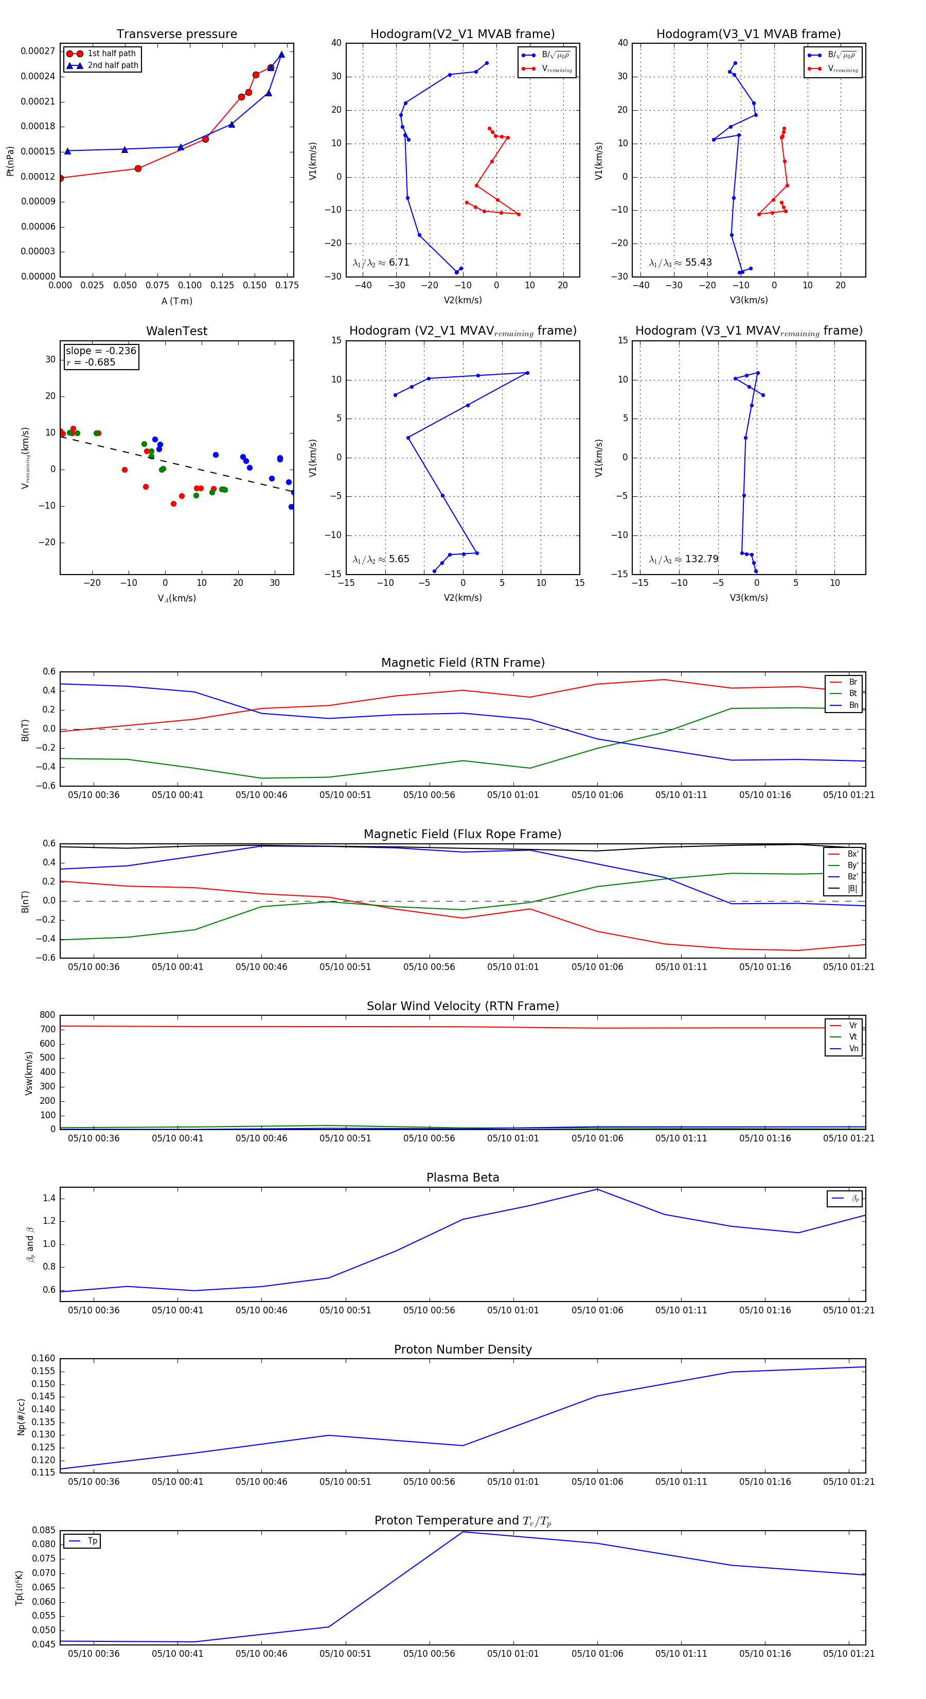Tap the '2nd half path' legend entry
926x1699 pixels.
(113, 65)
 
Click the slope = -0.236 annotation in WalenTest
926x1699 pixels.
(101, 351)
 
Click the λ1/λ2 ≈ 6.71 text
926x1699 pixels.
(381, 263)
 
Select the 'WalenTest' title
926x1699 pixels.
(176, 331)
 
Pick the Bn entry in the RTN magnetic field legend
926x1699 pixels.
(853, 705)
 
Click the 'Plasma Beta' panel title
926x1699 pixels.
(462, 1177)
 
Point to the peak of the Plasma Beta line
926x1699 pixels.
(597, 1189)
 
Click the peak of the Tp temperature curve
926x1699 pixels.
(462, 1532)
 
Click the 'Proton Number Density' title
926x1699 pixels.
(462, 1349)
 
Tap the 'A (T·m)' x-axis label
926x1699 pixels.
(176, 301)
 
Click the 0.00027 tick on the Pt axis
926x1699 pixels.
(38, 51)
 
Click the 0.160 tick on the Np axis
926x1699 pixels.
(44, 1358)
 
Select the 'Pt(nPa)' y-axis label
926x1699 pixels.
(10, 161)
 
